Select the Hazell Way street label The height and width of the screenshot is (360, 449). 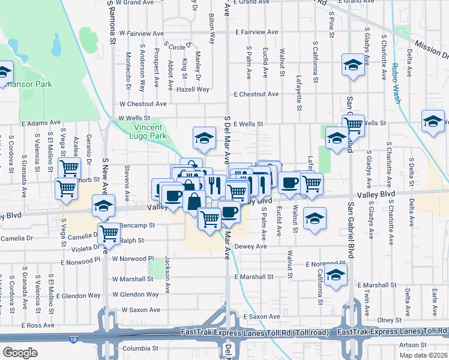[x=192, y=89]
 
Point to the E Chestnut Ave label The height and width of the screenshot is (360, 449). [x=256, y=94]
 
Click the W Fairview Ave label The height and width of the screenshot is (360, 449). [x=142, y=33]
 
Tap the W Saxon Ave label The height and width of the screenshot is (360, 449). [x=141, y=310]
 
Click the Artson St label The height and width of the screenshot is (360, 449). [x=412, y=344]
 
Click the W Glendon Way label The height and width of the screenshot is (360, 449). [x=136, y=295]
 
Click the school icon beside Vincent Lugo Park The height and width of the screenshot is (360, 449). [x=204, y=138]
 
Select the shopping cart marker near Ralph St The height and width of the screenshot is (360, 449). [x=109, y=232]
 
